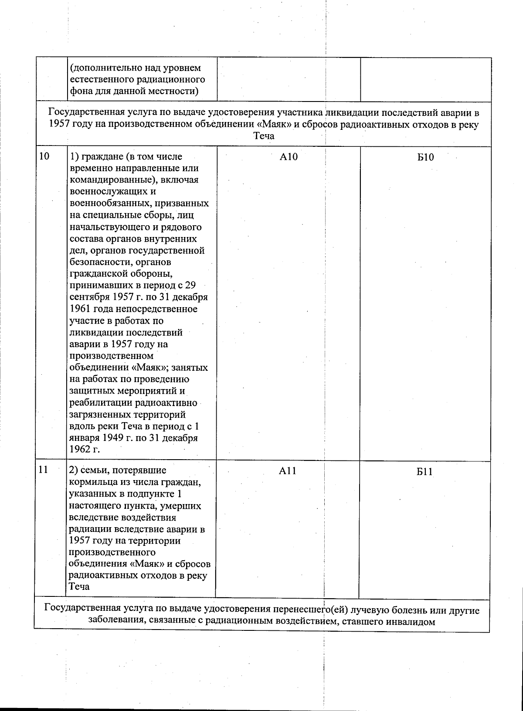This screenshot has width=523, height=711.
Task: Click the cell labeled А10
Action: [x=289, y=157]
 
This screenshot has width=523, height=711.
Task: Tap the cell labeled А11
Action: [x=288, y=471]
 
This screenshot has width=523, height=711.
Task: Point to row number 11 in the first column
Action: [x=44, y=470]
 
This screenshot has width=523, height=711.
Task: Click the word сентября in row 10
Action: [x=87, y=297]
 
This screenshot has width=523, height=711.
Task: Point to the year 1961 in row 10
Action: [x=79, y=309]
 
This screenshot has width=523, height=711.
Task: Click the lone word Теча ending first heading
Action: [x=264, y=136]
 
